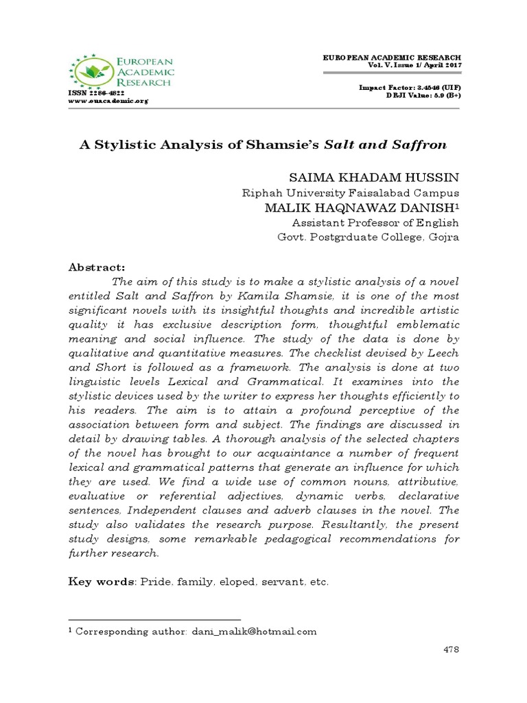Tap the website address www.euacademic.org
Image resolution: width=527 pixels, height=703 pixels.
click(x=108, y=100)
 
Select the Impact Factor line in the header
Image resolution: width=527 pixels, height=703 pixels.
click(x=410, y=89)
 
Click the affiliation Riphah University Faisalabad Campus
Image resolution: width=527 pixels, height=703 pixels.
click(x=351, y=194)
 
